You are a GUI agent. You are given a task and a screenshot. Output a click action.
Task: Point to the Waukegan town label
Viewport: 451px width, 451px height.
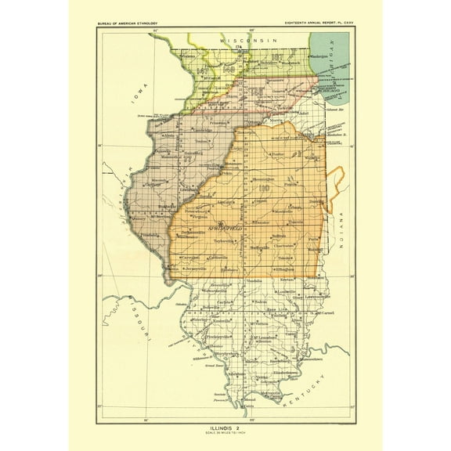320,57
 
